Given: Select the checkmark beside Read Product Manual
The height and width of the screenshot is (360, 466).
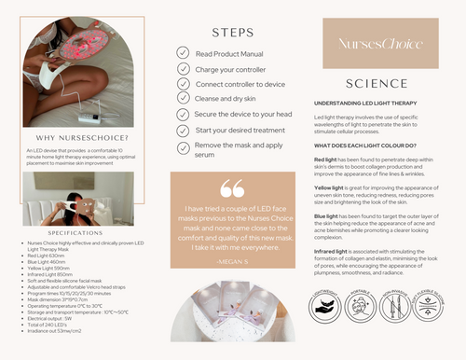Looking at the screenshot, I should [x=184, y=54].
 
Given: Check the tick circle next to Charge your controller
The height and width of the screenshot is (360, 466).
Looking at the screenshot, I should [x=184, y=70].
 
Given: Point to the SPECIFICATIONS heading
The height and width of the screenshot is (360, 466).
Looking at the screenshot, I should [x=68, y=231].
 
